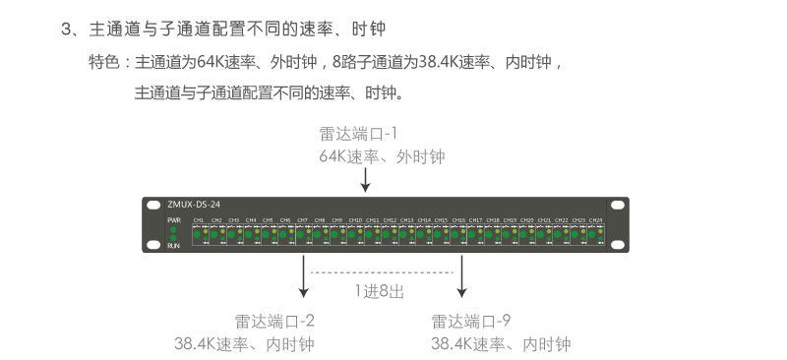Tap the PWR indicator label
pos(173,219)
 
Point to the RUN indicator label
pos(173,246)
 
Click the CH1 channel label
pos(199,219)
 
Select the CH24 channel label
pos(595,219)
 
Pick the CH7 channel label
pos(302,219)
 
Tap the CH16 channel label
pos(458,219)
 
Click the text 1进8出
pos(380,291)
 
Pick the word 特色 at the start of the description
pos(103,62)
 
